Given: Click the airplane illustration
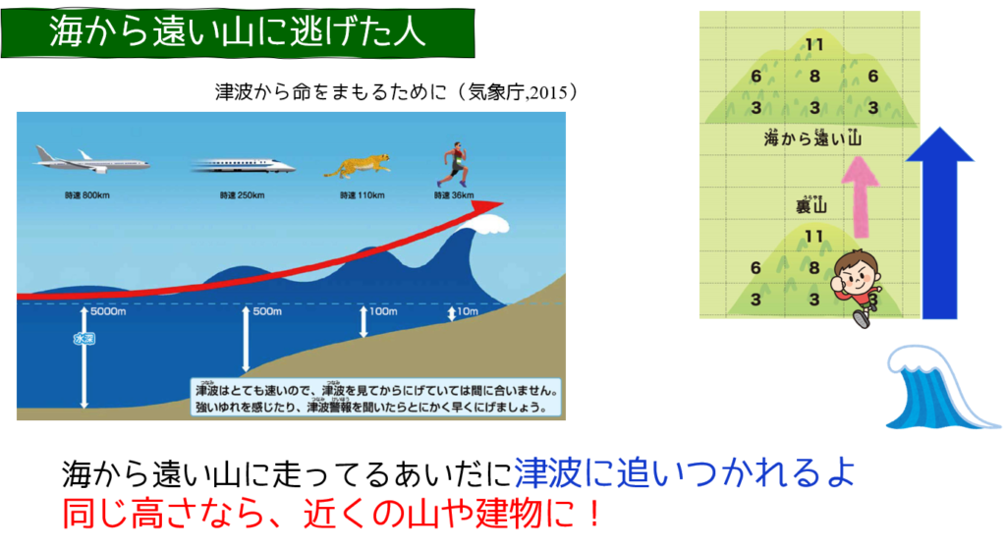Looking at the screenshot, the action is click(91, 160).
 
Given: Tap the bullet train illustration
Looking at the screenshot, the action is click(244, 167).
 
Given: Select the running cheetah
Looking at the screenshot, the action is click(358, 166).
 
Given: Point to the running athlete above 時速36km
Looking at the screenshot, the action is click(454, 165).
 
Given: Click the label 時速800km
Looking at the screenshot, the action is click(87, 195).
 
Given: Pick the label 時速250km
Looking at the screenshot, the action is click(242, 195).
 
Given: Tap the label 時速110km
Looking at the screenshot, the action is click(362, 195).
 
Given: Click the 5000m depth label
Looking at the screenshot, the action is click(108, 311).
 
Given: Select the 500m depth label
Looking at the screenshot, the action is click(267, 311).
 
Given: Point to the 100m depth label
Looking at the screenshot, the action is click(383, 311).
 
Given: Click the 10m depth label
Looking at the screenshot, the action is click(468, 311).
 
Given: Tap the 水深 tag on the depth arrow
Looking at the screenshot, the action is click(84, 339).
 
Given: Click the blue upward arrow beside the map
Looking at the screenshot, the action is click(940, 223).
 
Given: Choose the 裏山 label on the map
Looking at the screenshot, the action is click(810, 205).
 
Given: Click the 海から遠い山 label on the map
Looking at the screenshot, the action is click(812, 137).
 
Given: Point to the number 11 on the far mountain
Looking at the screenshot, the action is click(814, 45).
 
